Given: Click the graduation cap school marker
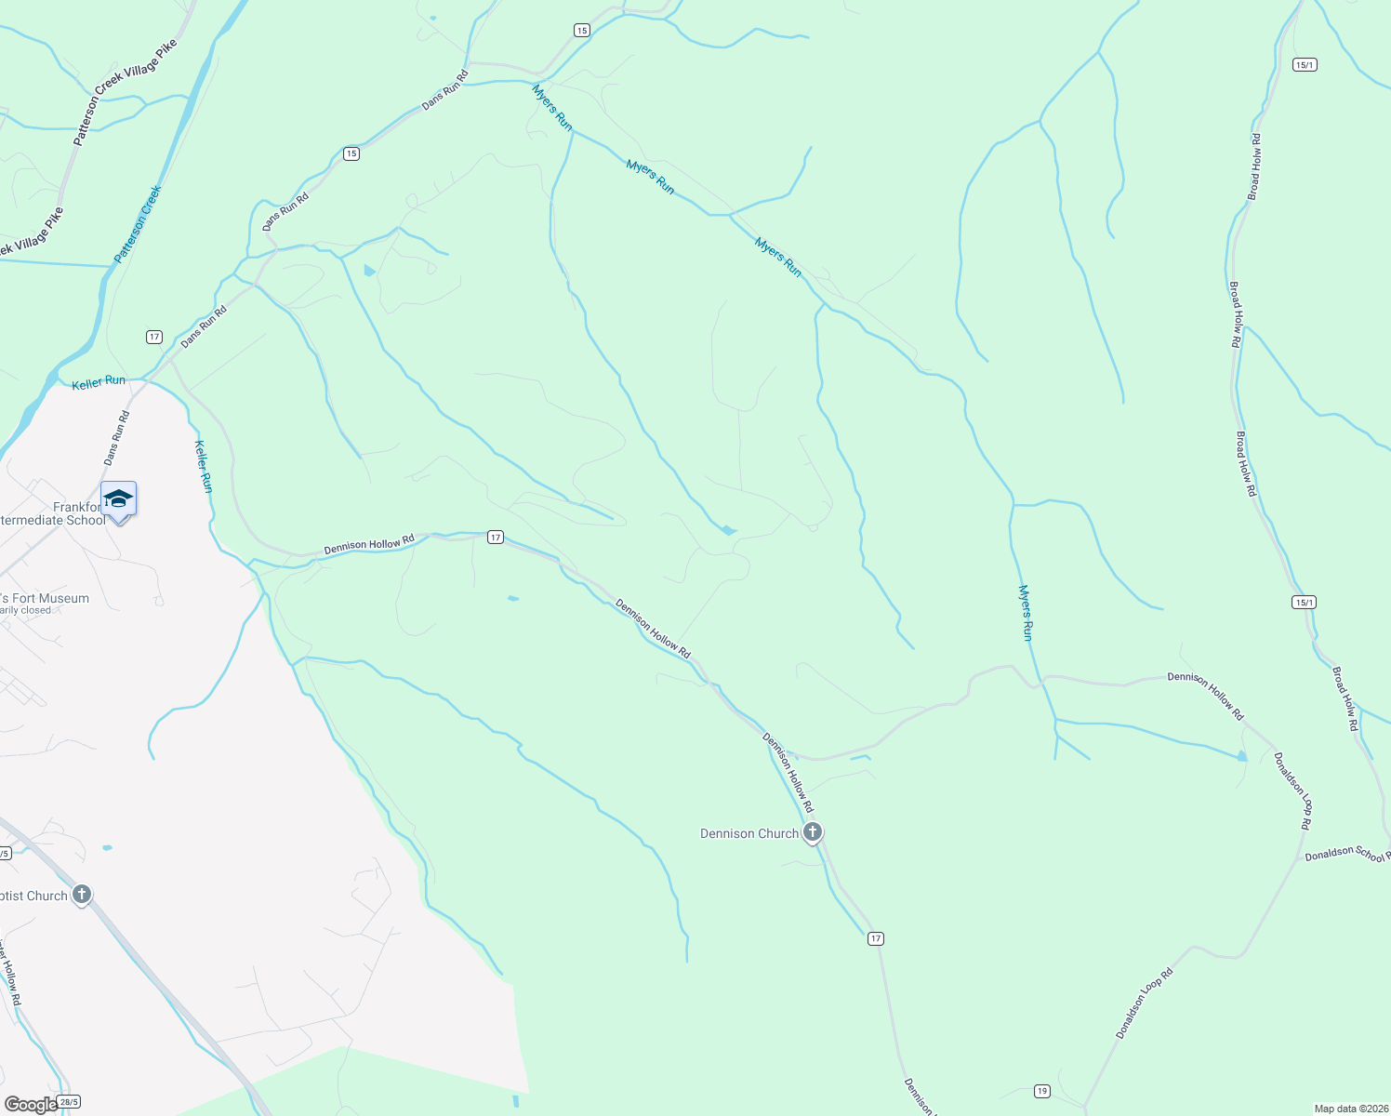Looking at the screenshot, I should point(118,499).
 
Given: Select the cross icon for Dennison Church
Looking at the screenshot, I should point(813,832).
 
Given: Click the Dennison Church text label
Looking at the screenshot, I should point(748,834).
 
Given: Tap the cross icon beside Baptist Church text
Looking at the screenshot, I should point(82,895).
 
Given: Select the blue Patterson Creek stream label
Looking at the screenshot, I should point(139,224).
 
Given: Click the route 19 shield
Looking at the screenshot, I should point(1041,1091).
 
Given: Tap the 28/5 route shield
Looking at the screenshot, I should point(69,1102).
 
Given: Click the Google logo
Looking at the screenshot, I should point(30,1105).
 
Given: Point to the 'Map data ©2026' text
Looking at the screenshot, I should point(1349,1109).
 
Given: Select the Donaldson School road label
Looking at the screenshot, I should point(1346,854).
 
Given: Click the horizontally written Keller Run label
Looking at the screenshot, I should point(99,381).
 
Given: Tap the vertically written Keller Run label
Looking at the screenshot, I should point(203,466).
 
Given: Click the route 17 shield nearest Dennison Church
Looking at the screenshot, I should point(876,938).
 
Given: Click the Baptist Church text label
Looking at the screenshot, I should point(33,897).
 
